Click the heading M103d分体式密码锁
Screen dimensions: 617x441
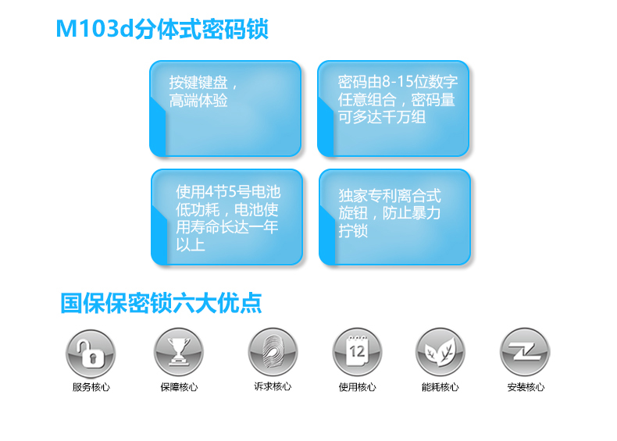click(162, 29)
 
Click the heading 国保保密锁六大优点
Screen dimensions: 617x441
click(161, 303)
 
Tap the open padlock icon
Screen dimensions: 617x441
click(91, 354)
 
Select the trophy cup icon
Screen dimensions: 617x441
click(179, 352)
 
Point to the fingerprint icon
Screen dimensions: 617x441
click(273, 352)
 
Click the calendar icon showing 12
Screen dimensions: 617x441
click(357, 352)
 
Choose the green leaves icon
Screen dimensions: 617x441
click(440, 352)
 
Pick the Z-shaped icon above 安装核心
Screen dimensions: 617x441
click(525, 352)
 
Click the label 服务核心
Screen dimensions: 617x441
click(91, 387)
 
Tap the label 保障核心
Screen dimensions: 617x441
click(179, 387)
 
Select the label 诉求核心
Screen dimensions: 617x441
click(273, 386)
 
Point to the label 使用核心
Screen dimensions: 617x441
click(357, 387)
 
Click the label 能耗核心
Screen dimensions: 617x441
click(440, 387)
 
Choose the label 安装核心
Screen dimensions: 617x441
click(526, 387)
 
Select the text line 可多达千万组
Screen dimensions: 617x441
click(382, 117)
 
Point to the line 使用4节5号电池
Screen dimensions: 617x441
click(228, 191)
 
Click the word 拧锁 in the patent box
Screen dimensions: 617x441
click(353, 230)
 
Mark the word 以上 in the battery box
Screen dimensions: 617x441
click(191, 244)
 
